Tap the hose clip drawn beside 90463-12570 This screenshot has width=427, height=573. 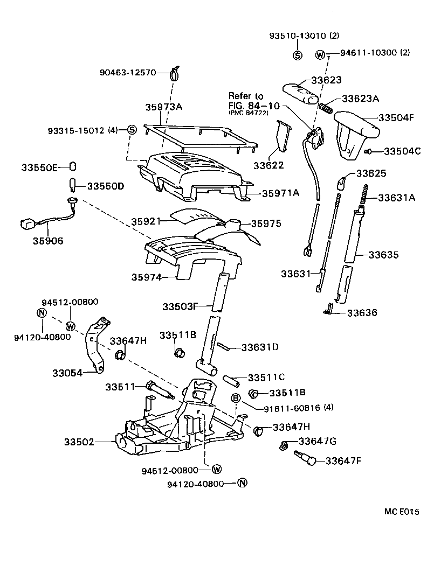tap(174, 71)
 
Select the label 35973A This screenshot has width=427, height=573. tap(164, 107)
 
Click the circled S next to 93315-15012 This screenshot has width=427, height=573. tap(132, 130)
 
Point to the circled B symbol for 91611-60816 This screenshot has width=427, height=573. tap(236, 398)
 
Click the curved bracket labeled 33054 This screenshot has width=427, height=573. tap(95, 345)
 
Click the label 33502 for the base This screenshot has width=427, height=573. tap(79, 442)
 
